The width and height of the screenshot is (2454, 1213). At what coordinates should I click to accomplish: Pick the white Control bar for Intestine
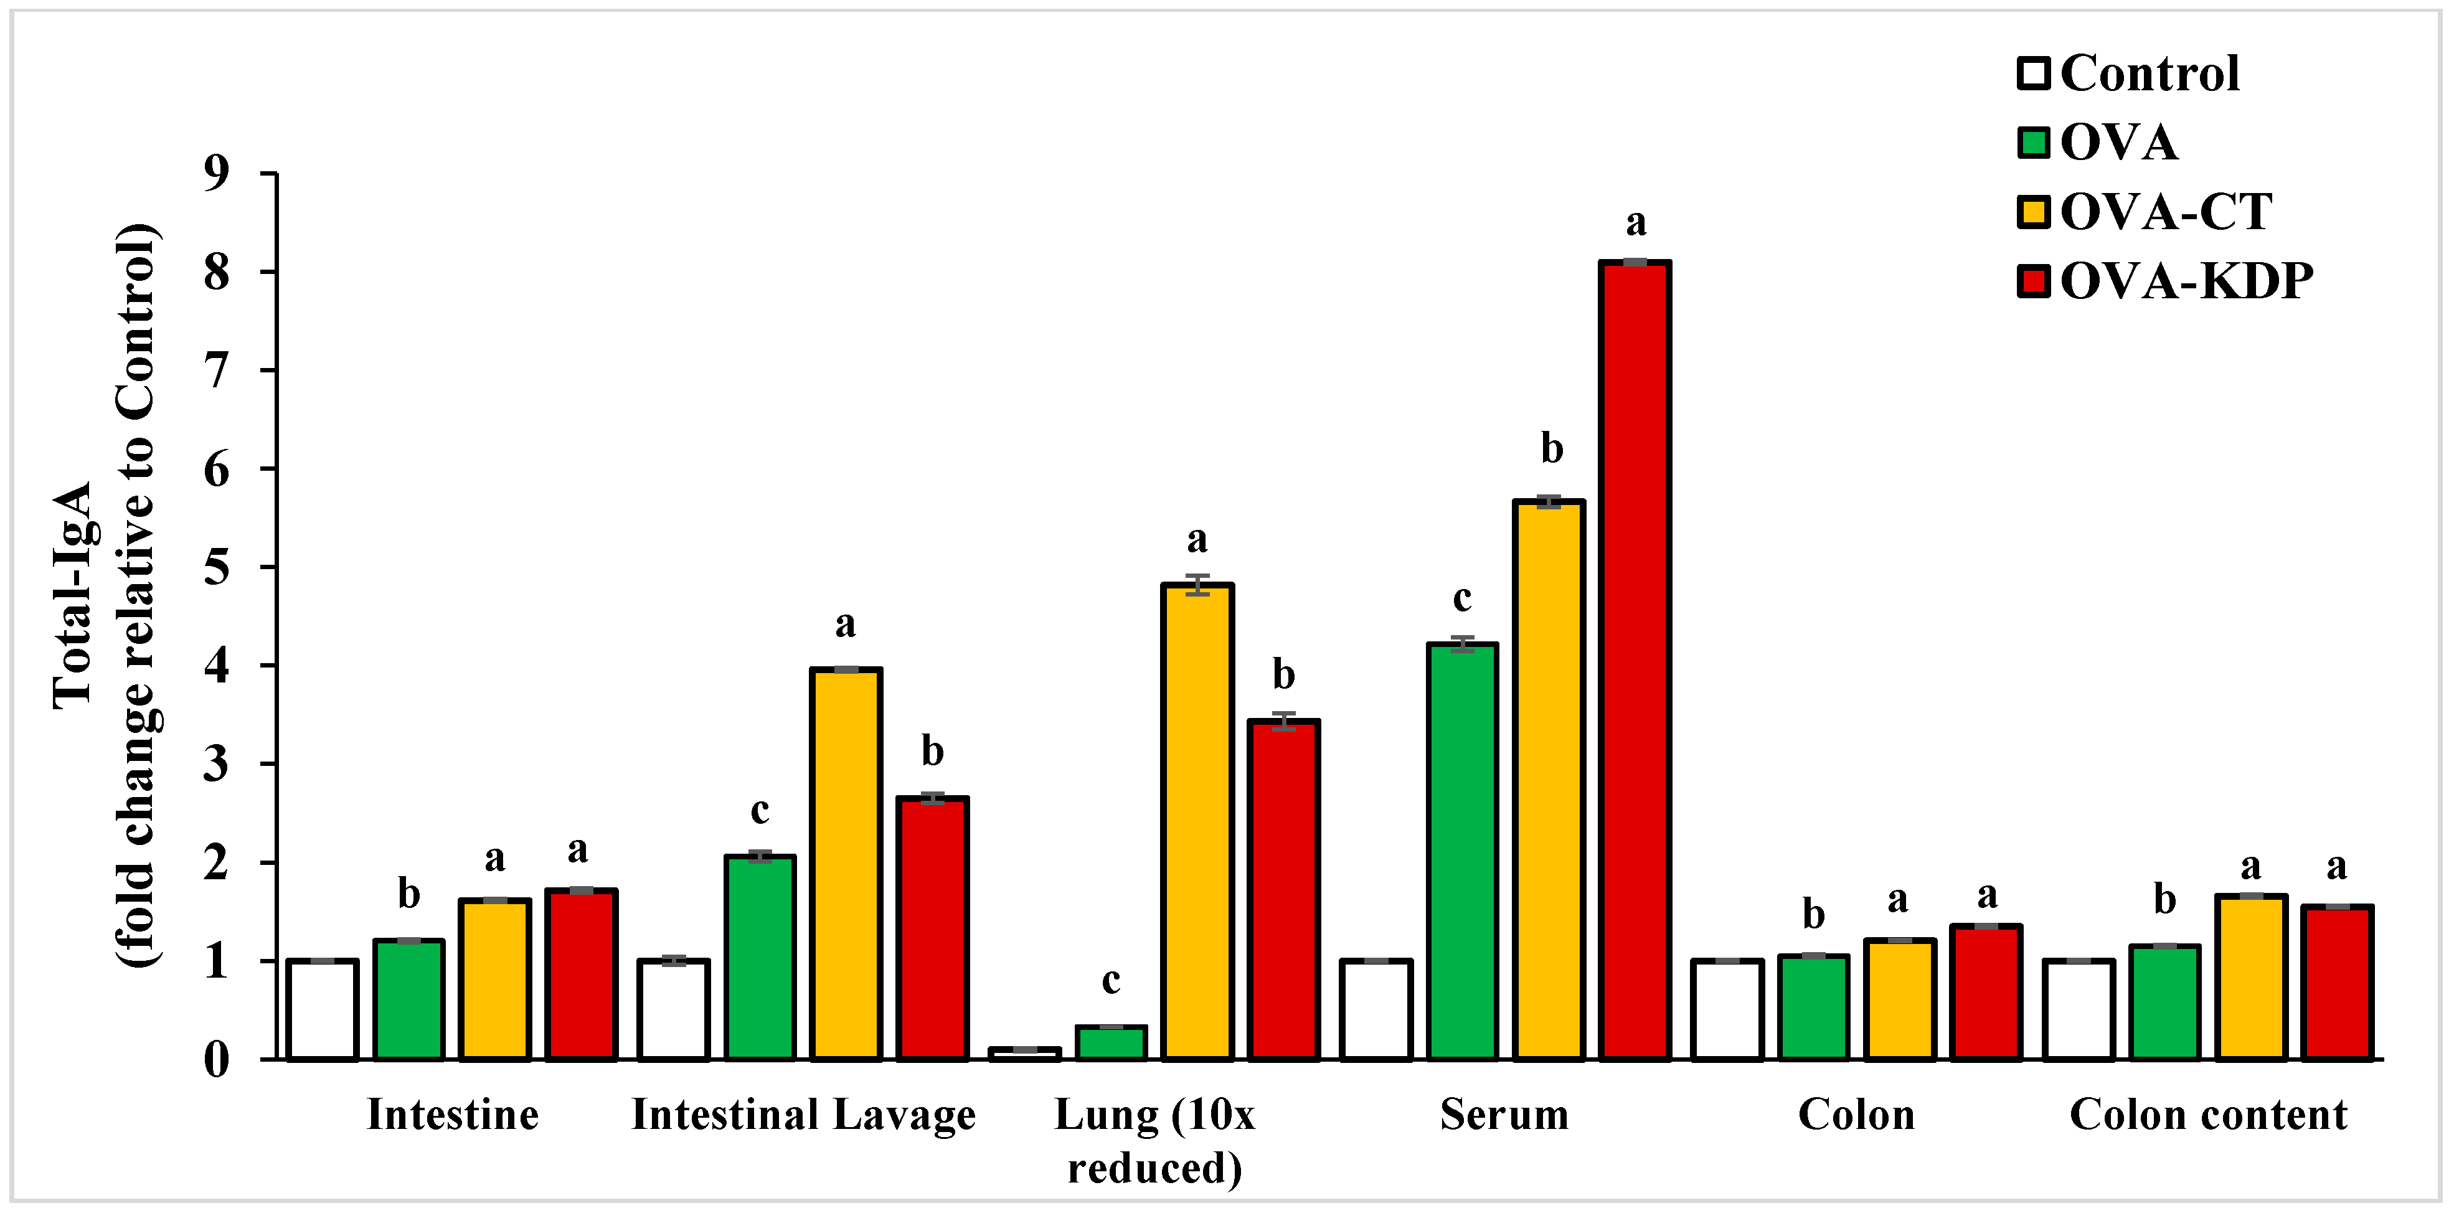[x=323, y=1010]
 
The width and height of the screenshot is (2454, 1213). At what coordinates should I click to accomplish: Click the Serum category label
[x=1504, y=1114]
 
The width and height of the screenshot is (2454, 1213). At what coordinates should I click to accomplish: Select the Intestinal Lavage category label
[x=803, y=1114]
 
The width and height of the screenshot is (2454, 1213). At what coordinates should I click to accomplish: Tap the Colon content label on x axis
[x=2208, y=1114]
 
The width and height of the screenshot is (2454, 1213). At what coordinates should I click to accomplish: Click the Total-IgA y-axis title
[x=72, y=595]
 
